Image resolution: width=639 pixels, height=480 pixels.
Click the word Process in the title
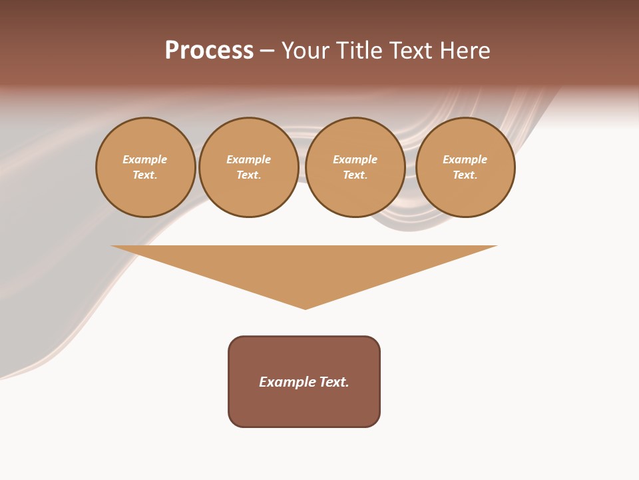[x=209, y=51]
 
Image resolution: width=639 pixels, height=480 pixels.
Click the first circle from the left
[x=145, y=167]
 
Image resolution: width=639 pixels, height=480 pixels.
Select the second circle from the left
[x=249, y=167]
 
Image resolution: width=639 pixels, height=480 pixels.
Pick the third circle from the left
[x=355, y=167]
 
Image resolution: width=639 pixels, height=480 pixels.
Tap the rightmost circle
[x=465, y=167]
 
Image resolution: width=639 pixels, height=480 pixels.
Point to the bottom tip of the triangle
[x=306, y=308]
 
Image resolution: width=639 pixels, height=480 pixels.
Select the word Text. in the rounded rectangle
[x=333, y=382]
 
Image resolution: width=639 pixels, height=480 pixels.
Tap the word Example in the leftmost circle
[x=145, y=160]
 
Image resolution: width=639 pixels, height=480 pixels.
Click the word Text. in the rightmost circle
[x=465, y=175]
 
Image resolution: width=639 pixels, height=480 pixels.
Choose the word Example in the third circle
[x=355, y=160]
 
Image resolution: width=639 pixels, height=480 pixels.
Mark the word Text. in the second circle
[x=249, y=175]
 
